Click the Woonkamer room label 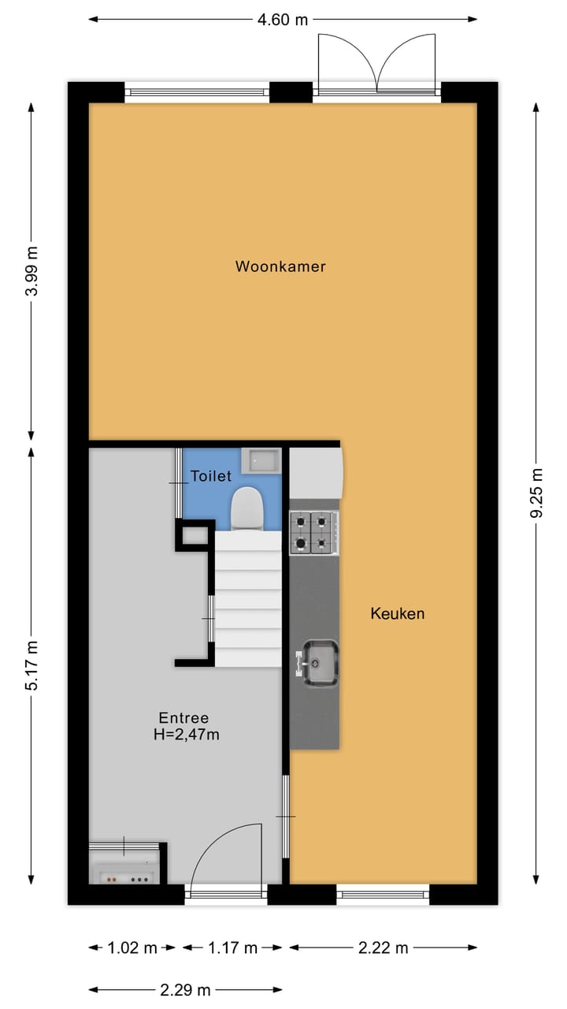coord(280,266)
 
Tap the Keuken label coord(398,613)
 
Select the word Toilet coord(211,476)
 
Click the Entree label coord(183,718)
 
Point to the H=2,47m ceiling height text coord(187,735)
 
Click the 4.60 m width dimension coord(283,20)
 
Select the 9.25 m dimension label coord(537,493)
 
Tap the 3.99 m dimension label coord(31,270)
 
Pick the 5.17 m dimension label coord(31,665)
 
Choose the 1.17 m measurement coord(233,948)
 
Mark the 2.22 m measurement coord(383,948)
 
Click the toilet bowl coord(247,508)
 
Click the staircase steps coord(248,599)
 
